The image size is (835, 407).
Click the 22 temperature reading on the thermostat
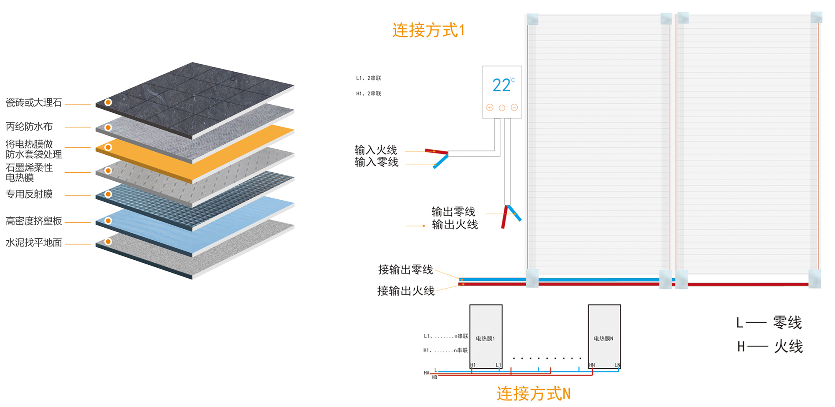[501, 85]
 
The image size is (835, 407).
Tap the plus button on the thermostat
[490, 108]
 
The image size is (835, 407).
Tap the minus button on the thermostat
[514, 108]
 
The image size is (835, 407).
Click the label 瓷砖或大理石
[34, 103]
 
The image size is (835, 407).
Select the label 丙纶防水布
[29, 126]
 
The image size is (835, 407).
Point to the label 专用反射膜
[29, 194]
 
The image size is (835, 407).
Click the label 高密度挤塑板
[34, 221]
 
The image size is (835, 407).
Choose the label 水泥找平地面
[34, 242]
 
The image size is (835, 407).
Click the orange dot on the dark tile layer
[108, 102]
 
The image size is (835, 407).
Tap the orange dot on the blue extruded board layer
[108, 221]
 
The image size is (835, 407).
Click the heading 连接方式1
[428, 30]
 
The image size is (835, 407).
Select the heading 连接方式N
[534, 394]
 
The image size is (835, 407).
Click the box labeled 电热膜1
[486, 337]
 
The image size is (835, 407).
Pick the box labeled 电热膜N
[604, 337]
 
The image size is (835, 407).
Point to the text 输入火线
[376, 150]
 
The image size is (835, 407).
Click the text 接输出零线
[405, 270]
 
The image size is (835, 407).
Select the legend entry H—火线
[770, 346]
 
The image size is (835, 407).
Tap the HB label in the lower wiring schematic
[434, 377]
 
